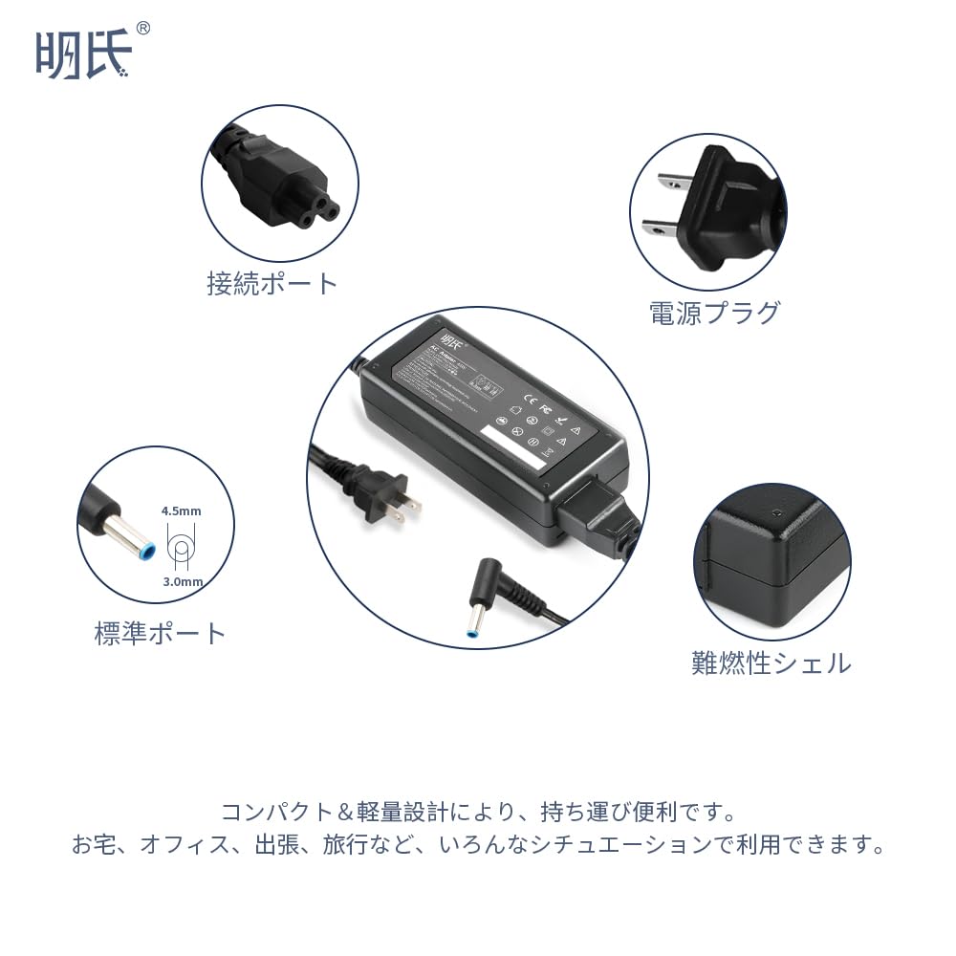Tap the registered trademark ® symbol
(x=142, y=29)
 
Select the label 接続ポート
(x=272, y=283)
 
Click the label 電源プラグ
(x=714, y=313)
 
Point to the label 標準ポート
(x=161, y=633)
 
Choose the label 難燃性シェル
(x=771, y=663)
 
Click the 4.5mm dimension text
(x=181, y=511)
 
